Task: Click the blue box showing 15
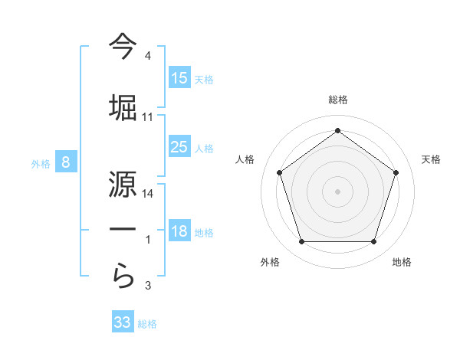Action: (179, 78)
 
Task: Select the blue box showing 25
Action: (179, 147)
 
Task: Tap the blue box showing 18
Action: (179, 231)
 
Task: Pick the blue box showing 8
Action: (66, 162)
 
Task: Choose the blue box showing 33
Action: (123, 322)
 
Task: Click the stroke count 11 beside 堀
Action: (148, 117)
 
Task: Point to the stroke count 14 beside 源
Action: (148, 194)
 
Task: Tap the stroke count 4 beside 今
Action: (148, 56)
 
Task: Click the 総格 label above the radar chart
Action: (338, 100)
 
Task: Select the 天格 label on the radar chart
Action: (431, 159)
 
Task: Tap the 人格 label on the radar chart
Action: (245, 159)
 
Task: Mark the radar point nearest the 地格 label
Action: (373, 242)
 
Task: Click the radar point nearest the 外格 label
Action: (301, 242)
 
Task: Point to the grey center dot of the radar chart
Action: (337, 191)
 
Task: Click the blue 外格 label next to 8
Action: (41, 163)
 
